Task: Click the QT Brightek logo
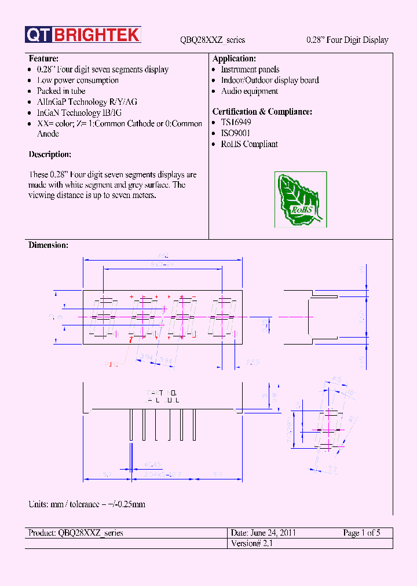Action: (83, 35)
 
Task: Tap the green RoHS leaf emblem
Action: (300, 200)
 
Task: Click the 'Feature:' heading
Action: (43, 59)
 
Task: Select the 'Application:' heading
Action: (234, 59)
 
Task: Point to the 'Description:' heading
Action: (50, 155)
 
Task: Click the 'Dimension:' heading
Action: (48, 246)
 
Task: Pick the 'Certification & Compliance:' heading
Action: (262, 112)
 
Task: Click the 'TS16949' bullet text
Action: (236, 123)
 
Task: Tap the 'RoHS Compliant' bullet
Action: (249, 144)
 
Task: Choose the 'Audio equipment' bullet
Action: (249, 91)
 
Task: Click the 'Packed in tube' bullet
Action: (61, 91)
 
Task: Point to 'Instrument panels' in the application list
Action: (250, 69)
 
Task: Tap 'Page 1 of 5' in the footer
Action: (361, 533)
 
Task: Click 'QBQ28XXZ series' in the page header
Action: (213, 40)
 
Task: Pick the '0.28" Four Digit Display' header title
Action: (347, 40)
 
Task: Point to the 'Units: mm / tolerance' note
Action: (87, 504)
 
